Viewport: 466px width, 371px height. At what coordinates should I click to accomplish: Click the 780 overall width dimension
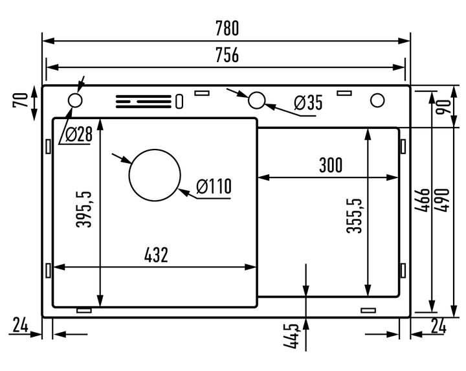(227, 28)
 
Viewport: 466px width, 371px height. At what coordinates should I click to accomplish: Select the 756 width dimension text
(227, 54)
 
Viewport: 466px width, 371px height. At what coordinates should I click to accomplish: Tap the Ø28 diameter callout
(79, 135)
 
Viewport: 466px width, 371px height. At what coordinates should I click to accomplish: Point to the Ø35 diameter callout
(308, 102)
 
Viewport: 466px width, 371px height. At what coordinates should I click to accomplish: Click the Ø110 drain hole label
(214, 186)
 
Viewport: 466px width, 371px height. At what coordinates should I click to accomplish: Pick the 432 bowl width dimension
(156, 254)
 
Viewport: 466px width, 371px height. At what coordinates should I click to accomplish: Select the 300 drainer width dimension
(331, 165)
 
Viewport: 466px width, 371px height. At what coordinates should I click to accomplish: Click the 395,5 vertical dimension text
(84, 210)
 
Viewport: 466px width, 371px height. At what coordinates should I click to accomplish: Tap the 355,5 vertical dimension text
(355, 216)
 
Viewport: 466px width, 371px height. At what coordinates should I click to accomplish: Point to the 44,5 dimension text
(291, 336)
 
